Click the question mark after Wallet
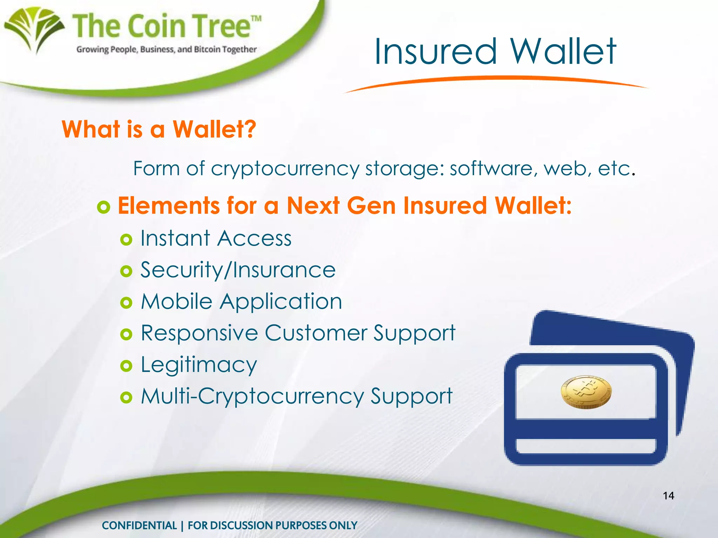point(250,129)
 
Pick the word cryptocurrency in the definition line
point(285,169)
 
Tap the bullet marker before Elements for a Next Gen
point(104,207)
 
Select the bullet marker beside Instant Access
point(126,240)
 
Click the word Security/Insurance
point(238,270)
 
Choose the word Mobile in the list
point(177,302)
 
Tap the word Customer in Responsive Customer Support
point(316,333)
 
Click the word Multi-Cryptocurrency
point(252,397)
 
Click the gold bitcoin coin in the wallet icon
point(586,392)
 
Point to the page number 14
point(668,496)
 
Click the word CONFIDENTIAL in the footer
point(139,525)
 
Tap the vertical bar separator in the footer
point(182,525)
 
